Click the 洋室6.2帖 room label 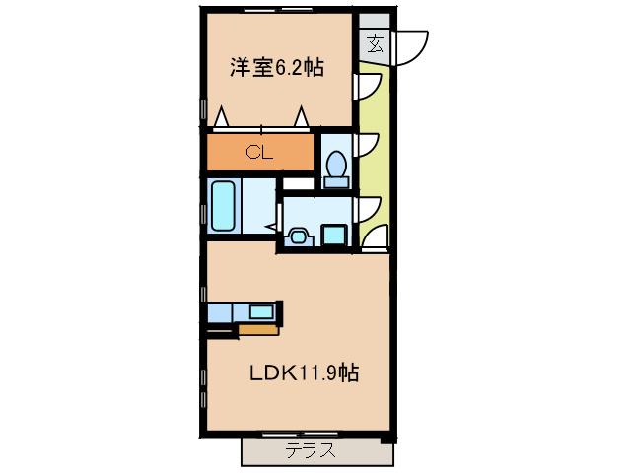click(x=277, y=68)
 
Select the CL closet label click(x=259, y=152)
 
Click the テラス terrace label click(x=311, y=451)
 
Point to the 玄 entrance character click(x=375, y=43)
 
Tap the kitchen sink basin click(x=261, y=312)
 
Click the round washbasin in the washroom click(x=298, y=236)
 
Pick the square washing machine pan click(x=334, y=235)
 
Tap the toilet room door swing click(x=369, y=145)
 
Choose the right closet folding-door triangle click(x=301, y=117)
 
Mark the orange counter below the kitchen click(x=258, y=329)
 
